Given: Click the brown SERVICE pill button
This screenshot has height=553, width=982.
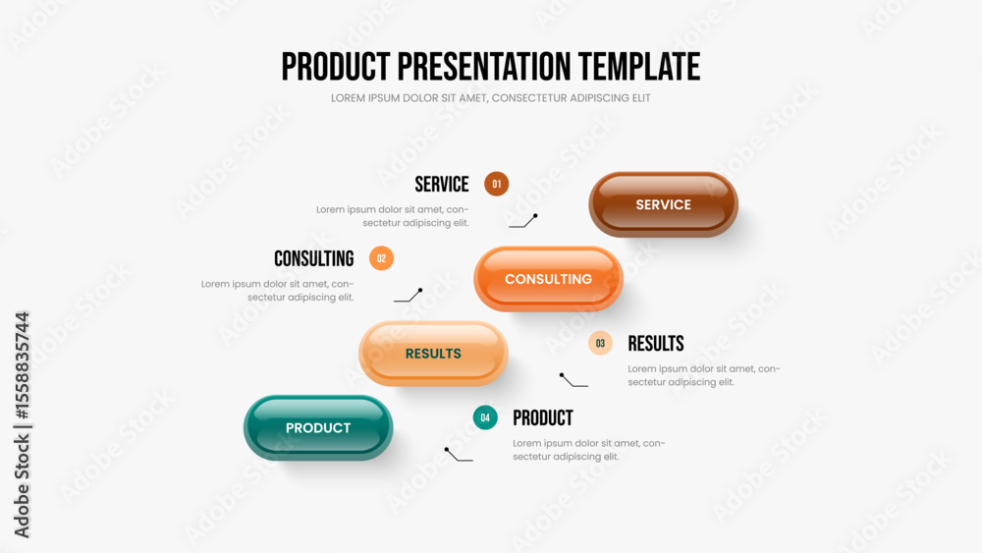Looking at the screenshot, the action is [x=663, y=204].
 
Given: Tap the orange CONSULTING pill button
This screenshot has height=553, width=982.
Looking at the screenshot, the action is [x=548, y=279].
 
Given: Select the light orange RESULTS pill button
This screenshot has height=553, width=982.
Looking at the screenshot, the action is [x=433, y=354].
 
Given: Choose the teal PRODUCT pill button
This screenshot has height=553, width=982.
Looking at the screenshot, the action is [x=318, y=427].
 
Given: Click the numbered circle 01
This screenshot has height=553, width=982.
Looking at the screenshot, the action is [x=497, y=184].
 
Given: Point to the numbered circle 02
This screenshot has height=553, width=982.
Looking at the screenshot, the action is [x=381, y=258].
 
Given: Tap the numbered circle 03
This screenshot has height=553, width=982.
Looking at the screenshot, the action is [x=600, y=343].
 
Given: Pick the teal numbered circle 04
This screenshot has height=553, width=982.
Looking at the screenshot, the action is [x=485, y=417].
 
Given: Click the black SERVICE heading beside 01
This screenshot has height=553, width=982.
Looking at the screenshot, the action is [x=442, y=184].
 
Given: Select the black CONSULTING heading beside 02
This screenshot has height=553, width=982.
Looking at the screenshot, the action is [x=314, y=258].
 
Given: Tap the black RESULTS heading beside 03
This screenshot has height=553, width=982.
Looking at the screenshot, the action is [x=656, y=343].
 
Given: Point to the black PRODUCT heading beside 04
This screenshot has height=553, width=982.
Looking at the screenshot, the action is [x=543, y=417].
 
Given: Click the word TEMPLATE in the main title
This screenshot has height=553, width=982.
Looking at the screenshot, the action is [x=639, y=67].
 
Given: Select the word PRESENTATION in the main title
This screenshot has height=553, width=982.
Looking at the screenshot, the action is [x=484, y=67].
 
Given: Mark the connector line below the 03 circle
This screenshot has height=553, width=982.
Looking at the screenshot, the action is [x=573, y=380].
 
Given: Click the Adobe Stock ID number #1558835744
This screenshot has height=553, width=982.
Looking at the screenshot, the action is [x=22, y=365].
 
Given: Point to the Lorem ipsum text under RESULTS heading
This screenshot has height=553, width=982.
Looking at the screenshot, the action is [x=704, y=375].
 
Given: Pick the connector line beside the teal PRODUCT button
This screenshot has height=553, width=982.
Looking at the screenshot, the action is [x=459, y=455].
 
